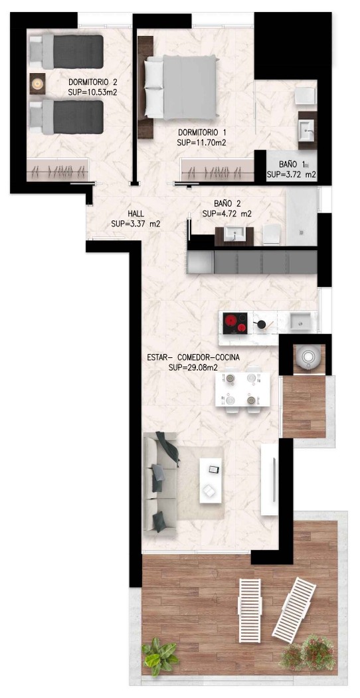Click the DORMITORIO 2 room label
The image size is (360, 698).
92,82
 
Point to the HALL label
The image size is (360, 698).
135,214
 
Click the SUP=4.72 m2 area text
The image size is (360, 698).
227,214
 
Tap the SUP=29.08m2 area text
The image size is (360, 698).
196,368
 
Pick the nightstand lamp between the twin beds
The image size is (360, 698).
38,83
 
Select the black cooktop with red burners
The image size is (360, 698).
235,323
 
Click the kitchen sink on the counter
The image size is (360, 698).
301,321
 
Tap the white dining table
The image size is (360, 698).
242,389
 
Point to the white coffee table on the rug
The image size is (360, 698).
211,481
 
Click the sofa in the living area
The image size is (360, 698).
160,482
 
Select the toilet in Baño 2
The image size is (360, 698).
272,234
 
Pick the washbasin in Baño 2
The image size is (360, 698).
234,234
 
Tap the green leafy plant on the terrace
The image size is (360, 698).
159,657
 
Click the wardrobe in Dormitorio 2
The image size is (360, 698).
58,170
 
